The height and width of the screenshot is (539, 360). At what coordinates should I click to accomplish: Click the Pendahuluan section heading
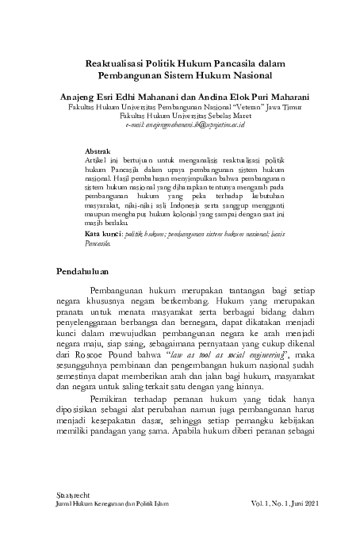coord(89,273)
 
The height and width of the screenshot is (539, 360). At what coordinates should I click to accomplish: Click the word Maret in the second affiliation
coord(232,114)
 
